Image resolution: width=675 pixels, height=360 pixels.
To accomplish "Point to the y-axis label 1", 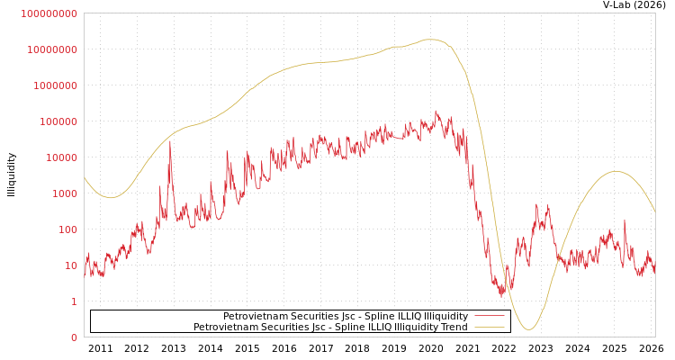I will click(74, 301).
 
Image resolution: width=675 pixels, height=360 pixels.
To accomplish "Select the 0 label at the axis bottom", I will click(74, 337).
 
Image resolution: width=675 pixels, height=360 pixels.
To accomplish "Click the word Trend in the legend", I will click(454, 327).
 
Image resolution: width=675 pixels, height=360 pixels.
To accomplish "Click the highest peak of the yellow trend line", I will click(431, 40).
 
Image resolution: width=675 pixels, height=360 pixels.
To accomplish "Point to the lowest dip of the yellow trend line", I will click(528, 329).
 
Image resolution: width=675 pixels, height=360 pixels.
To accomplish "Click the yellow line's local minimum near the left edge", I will click(110, 197).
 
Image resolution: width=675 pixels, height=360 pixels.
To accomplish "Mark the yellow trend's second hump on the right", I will click(616, 172).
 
